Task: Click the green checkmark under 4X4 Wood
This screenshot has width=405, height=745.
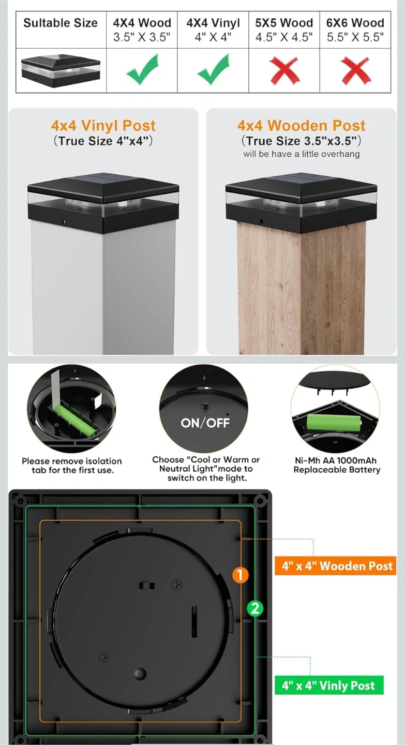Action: [x=142, y=70]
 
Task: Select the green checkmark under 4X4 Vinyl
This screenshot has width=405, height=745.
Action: [x=213, y=70]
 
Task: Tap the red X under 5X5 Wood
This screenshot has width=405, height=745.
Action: [x=284, y=71]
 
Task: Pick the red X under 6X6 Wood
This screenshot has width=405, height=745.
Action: [x=355, y=71]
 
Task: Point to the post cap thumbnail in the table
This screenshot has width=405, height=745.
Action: [x=61, y=70]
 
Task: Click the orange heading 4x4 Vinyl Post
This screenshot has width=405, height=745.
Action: [x=103, y=126]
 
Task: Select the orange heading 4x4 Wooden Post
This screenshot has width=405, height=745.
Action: [x=301, y=126]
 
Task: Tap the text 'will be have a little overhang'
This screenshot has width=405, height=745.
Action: [x=301, y=154]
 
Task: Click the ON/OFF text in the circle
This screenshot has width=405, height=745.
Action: [x=205, y=423]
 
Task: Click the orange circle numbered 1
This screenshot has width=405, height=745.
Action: [x=241, y=575]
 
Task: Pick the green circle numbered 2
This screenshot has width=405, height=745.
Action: [x=255, y=608]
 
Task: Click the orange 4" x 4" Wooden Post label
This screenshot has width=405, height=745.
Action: [x=336, y=566]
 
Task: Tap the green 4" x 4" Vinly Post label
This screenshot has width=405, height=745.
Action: [x=329, y=685]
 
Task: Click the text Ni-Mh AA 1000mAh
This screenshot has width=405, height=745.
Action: [x=336, y=460]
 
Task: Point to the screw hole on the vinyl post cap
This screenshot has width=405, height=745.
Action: [x=64, y=221]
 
